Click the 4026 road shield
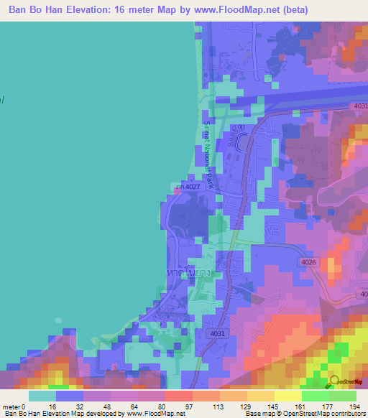point(309,262)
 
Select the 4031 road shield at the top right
point(360,106)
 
